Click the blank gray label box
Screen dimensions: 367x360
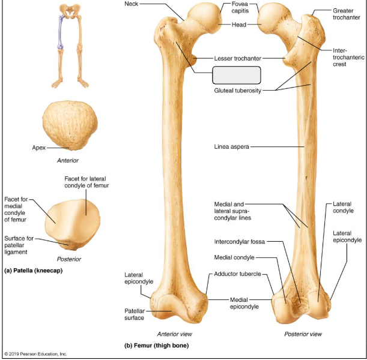pos(237,75)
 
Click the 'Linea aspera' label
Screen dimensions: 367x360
pos(231,147)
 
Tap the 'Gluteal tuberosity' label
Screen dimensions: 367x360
pos(238,91)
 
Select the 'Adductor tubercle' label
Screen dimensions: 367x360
pos(237,274)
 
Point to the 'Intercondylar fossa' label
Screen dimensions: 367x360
pos(240,241)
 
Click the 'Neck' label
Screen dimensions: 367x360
pos(132,4)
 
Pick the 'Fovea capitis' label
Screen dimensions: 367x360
pos(240,7)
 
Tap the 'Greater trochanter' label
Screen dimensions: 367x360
pos(347,14)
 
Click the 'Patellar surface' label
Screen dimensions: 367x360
pos(135,314)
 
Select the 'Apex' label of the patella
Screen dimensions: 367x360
pos(39,148)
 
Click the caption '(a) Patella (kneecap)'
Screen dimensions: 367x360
pos(33,271)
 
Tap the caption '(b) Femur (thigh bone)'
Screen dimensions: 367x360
pos(156,345)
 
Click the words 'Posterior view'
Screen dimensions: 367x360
pos(303,334)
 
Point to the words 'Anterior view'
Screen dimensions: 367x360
pos(175,334)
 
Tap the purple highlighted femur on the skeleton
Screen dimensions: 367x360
pos(61,32)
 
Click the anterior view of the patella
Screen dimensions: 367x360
pos(70,125)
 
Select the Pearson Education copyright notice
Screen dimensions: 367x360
pos(35,354)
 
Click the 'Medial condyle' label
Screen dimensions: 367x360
pos(234,257)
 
